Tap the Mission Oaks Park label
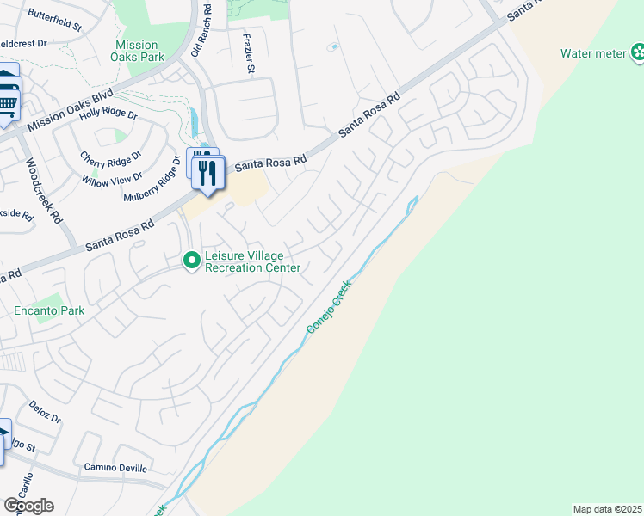137,51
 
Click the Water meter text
593,53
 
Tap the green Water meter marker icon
637,54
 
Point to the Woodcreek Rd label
44,190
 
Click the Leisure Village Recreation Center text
252,261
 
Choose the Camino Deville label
115,468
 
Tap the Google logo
28,506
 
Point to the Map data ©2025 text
607,508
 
